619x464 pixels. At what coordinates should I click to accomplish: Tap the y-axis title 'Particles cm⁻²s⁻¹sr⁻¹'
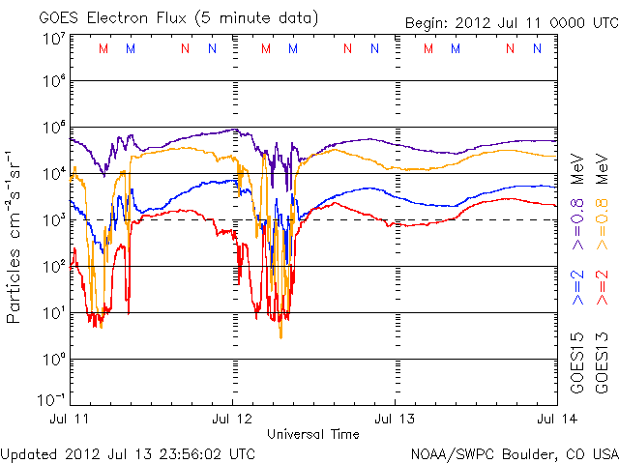point(16,236)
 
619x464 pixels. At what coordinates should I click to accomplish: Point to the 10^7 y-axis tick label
point(53,39)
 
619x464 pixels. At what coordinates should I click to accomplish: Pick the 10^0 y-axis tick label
point(53,360)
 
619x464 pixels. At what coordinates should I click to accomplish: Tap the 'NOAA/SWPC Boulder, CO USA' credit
point(513,452)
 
